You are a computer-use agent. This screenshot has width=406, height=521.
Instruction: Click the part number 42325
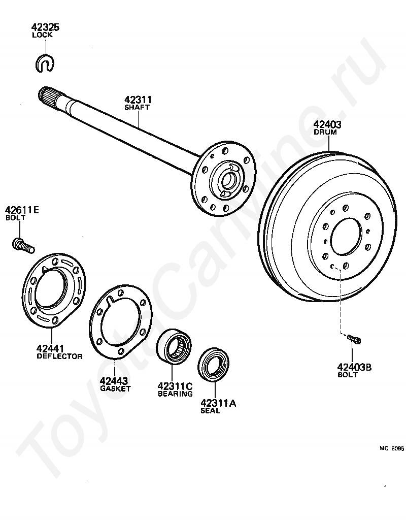[45, 27]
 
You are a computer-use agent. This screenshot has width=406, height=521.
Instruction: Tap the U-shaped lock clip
[46, 62]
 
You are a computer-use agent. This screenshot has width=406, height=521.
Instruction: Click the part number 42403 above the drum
[327, 124]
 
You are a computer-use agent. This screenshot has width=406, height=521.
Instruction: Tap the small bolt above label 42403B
[354, 338]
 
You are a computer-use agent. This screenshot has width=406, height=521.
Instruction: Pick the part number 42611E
[22, 210]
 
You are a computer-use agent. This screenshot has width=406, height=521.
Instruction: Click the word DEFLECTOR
[59, 356]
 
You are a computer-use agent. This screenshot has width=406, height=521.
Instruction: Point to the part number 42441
[50, 349]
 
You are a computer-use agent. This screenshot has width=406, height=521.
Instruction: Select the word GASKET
[115, 388]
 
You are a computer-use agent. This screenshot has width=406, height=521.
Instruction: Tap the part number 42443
[114, 381]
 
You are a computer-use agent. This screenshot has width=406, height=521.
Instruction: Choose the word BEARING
[175, 394]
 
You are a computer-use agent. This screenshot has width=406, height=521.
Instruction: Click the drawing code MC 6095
[391, 448]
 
